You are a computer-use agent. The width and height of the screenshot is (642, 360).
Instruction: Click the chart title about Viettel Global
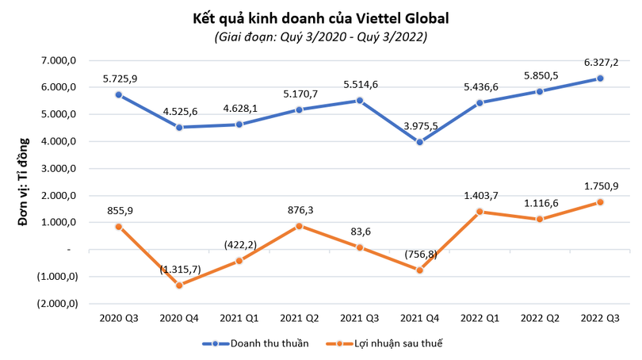(x=321, y=17)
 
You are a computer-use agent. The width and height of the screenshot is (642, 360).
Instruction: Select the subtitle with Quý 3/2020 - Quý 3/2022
(x=321, y=38)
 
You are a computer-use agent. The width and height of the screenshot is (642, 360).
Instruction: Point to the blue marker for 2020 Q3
(x=119, y=94)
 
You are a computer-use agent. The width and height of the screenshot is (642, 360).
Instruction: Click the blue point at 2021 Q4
(x=420, y=142)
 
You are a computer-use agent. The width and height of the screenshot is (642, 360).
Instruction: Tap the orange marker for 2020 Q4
(x=179, y=285)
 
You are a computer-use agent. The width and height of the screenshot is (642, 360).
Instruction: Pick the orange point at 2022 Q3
(x=601, y=202)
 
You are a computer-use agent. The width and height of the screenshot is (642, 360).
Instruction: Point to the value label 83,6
(x=360, y=231)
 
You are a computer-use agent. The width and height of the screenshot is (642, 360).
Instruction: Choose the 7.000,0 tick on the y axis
(x=60, y=61)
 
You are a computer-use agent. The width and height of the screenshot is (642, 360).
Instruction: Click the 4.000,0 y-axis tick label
(x=60, y=142)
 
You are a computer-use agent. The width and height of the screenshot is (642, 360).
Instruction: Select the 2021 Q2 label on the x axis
(x=300, y=317)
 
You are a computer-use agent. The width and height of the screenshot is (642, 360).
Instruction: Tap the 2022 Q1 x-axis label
(x=480, y=317)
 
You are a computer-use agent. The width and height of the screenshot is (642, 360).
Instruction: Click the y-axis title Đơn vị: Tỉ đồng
(x=25, y=182)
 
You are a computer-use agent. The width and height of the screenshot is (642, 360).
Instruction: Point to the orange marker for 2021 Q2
(x=300, y=226)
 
